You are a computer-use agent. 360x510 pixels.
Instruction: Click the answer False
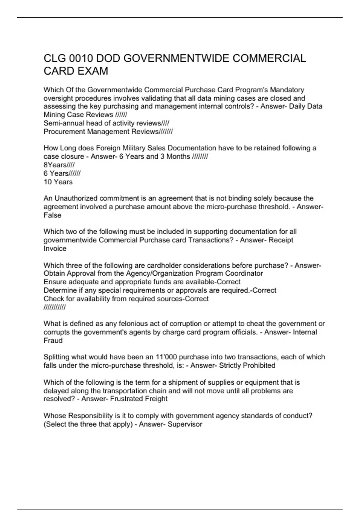[x=52, y=215]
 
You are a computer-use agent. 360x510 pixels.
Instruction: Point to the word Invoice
[x=55, y=249]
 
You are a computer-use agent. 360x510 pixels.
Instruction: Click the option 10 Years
[x=58, y=182]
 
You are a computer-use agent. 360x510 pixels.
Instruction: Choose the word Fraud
[x=53, y=341]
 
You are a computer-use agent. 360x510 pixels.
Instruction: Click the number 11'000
[x=166, y=357]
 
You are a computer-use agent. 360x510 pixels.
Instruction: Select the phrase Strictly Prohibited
[x=247, y=365]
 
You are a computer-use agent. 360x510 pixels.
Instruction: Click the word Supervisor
[x=185, y=424]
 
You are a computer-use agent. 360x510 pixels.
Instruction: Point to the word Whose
[x=55, y=416]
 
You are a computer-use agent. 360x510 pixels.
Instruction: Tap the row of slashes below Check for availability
[x=55, y=307]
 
